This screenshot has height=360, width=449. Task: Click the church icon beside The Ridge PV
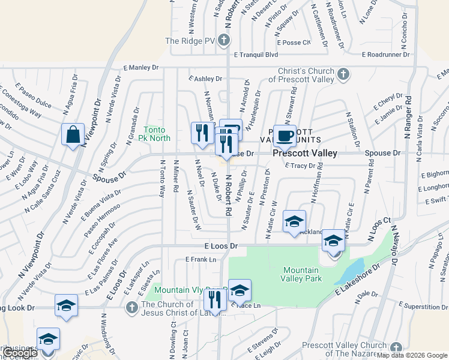point(223,41)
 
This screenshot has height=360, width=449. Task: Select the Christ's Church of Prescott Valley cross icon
point(343,74)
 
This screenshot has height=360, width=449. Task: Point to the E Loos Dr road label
point(221,246)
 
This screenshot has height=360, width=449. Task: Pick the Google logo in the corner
point(19,353)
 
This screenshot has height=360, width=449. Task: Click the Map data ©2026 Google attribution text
point(412,355)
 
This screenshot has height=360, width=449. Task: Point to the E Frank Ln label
point(200,259)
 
